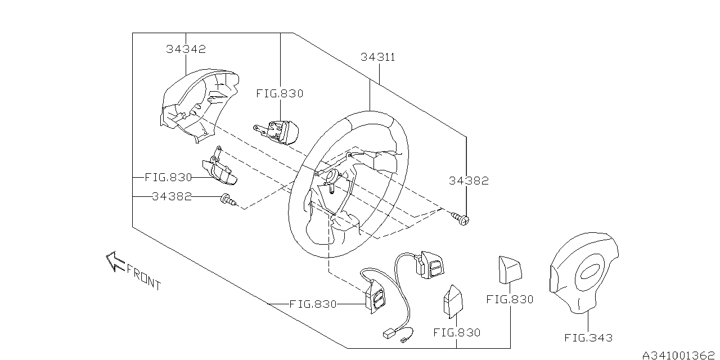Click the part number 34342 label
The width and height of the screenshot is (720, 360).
186,49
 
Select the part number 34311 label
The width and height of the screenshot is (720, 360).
377,57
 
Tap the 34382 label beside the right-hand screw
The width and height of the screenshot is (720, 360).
469,181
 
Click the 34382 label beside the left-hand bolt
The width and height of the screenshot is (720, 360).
172,196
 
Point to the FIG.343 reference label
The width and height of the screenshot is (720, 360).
588,338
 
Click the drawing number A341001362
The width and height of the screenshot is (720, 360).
678,355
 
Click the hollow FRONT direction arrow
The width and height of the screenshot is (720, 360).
115,261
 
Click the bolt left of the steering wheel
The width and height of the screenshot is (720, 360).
228,200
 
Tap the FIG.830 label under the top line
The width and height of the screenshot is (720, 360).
280,93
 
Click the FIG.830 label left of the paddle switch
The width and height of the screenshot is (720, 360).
168,177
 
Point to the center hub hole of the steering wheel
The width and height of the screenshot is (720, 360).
332,177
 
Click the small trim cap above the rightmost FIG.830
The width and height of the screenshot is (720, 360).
510,270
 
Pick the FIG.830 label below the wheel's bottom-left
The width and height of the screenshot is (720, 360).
313,304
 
